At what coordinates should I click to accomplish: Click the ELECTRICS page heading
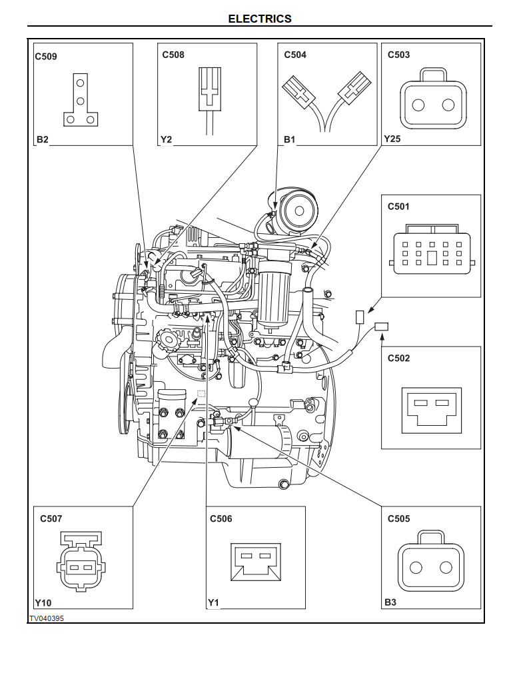click(x=260, y=19)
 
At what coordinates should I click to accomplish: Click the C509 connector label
click(x=46, y=57)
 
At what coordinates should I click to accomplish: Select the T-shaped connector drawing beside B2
click(x=81, y=102)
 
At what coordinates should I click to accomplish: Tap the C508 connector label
click(x=173, y=55)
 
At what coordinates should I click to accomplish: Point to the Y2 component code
click(x=166, y=139)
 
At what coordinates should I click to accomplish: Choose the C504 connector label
click(x=295, y=55)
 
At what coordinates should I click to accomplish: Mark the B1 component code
click(x=289, y=139)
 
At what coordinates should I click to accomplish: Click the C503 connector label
click(x=399, y=55)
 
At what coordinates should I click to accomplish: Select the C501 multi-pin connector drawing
click(x=432, y=253)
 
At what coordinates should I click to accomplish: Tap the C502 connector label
click(x=399, y=358)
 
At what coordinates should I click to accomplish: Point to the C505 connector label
click(x=399, y=518)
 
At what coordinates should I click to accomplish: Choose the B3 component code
click(x=390, y=602)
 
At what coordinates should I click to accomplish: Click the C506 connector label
click(x=221, y=518)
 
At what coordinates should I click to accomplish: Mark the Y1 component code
click(x=213, y=602)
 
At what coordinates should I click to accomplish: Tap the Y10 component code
click(x=43, y=602)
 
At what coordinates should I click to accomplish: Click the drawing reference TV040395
click(x=47, y=618)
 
